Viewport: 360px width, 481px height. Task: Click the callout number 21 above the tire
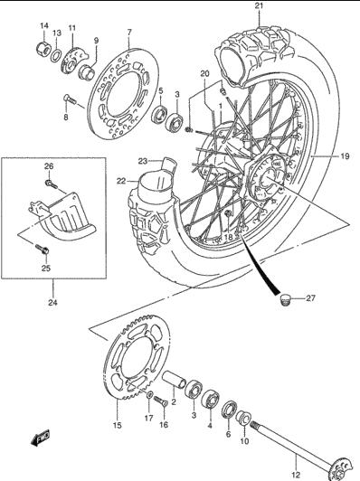259,5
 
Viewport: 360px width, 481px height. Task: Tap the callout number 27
310,297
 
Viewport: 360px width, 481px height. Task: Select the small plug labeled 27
286,299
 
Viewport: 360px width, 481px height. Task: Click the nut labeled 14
43,48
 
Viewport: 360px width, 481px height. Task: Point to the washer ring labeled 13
55,55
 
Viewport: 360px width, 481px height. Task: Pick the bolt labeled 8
69,99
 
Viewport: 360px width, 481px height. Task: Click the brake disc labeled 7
123,94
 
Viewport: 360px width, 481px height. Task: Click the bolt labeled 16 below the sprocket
161,401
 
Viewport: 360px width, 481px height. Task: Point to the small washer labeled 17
150,395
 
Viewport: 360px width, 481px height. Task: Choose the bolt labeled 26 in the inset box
52,184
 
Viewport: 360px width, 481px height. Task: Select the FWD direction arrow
41,439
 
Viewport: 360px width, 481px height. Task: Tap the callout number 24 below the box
52,303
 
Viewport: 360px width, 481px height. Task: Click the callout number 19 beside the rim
345,156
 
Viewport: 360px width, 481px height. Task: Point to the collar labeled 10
244,418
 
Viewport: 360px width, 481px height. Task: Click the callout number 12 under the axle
296,476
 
